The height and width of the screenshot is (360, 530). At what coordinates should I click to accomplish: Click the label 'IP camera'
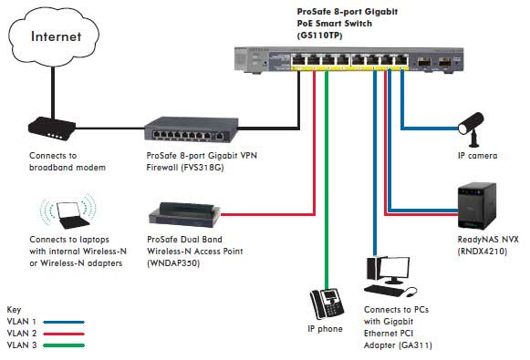coord(477,156)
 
